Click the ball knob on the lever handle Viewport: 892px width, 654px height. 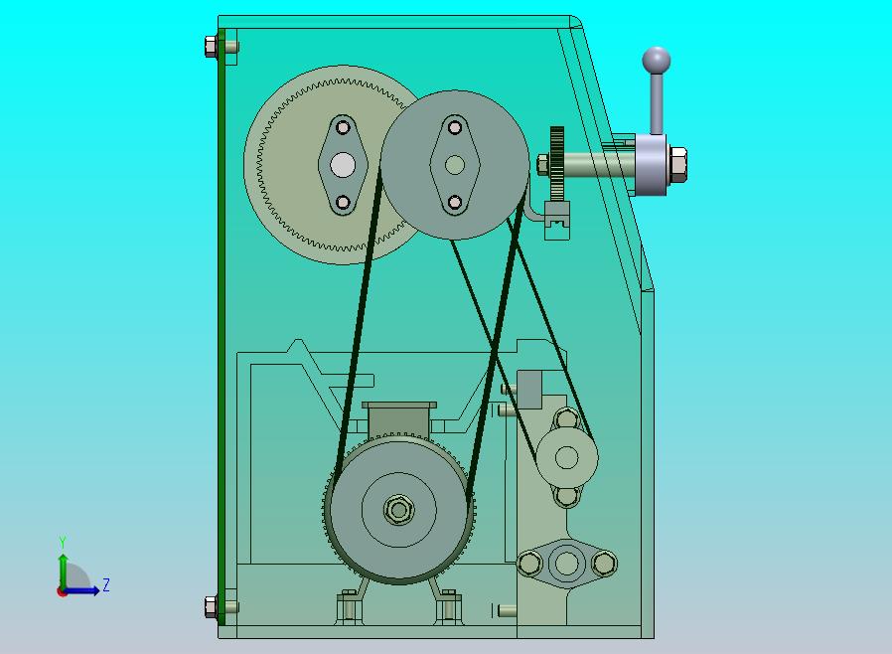657,61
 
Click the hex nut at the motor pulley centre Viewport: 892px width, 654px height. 398,510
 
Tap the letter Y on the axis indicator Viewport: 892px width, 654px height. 63,542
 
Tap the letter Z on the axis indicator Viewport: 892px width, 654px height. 106,584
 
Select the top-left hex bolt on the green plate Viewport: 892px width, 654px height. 211,46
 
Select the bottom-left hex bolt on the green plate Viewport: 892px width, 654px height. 211,606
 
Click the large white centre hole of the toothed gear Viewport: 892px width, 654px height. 343,165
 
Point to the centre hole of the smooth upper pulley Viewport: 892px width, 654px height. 455,165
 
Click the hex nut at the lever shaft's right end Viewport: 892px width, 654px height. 678,165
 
